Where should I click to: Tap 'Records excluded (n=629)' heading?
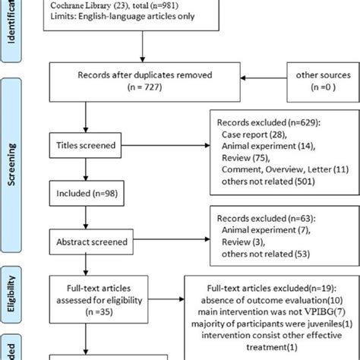(266, 122)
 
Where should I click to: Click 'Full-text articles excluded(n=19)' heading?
(271, 291)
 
